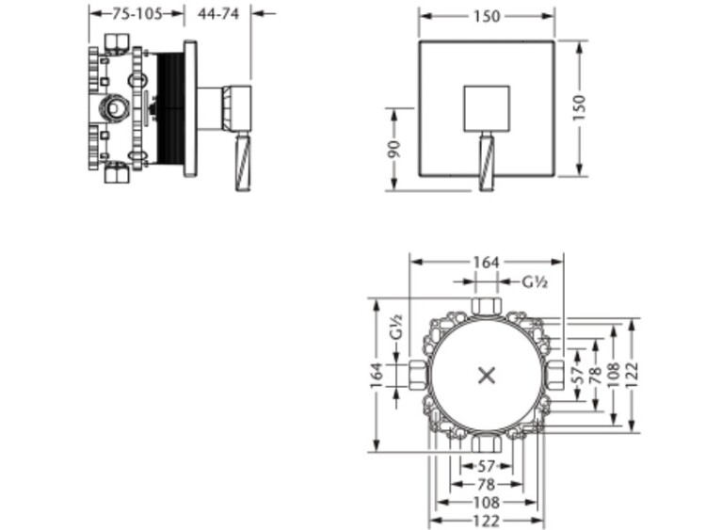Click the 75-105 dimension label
pos(136,14)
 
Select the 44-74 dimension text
pos(218,14)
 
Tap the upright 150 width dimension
pos(487,16)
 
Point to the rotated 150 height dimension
pos(579,107)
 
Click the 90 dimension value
pos(394,149)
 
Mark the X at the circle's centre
pos(487,375)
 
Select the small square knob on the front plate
pos(487,108)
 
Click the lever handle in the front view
pos(487,161)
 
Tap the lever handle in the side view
pos(243,161)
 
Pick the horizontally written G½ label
pos(535,282)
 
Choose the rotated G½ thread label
pos(395,327)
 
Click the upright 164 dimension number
pos(487,262)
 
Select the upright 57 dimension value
pos(487,466)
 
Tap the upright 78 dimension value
pos(487,485)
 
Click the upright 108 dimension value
pos(487,502)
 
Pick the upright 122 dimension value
pos(487,521)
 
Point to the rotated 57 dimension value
pos(578,375)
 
